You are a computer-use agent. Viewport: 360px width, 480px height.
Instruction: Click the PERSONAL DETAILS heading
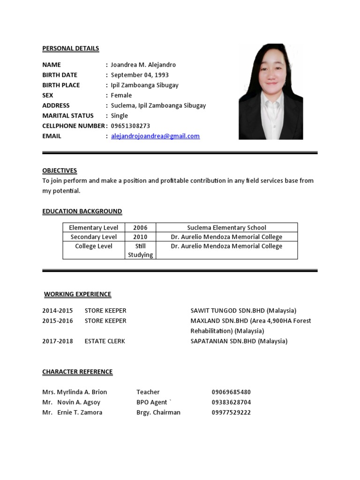pyautogui.click(x=70, y=48)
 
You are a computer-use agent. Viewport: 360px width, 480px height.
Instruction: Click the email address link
pyautogui.click(x=155, y=136)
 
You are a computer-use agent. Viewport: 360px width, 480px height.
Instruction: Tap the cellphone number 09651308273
pyautogui.click(x=130, y=126)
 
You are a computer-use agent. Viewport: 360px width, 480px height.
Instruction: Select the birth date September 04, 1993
pyautogui.click(x=140, y=75)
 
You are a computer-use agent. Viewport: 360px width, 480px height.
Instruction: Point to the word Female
pyautogui.click(x=121, y=95)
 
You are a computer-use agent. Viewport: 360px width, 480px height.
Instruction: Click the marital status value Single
pyautogui.click(x=119, y=115)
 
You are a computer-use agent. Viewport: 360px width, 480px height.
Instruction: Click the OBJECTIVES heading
pyautogui.click(x=60, y=170)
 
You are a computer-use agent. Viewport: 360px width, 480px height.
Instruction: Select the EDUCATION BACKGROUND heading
pyautogui.click(x=82, y=211)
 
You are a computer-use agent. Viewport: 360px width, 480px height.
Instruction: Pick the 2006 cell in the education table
pyautogui.click(x=140, y=228)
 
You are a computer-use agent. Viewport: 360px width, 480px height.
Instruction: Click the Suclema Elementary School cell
pyautogui.click(x=226, y=228)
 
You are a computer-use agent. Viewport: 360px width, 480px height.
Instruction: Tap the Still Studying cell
pyautogui.click(x=140, y=250)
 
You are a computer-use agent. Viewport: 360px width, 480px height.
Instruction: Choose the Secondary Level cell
pyautogui.click(x=94, y=237)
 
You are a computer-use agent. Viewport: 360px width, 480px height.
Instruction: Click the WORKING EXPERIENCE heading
pyautogui.click(x=77, y=294)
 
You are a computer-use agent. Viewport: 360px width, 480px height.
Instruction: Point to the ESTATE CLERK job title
pyautogui.click(x=105, y=341)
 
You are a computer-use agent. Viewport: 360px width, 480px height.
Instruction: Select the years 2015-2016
pyautogui.click(x=58, y=321)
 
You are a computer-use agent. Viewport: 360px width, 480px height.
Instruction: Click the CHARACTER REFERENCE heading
pyautogui.click(x=77, y=372)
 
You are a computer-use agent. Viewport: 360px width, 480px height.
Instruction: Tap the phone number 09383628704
pyautogui.click(x=231, y=402)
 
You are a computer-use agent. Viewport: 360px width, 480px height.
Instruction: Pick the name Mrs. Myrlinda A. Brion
pyautogui.click(x=75, y=392)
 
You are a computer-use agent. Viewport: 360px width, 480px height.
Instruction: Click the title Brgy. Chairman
pyautogui.click(x=158, y=412)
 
